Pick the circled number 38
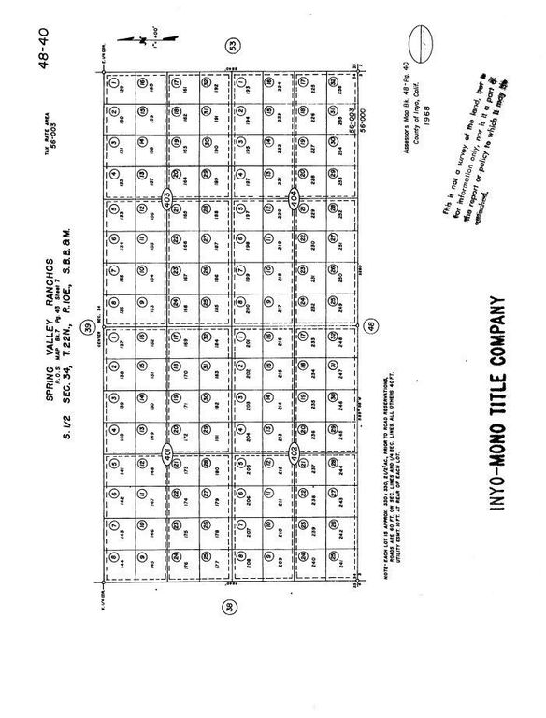tap(229, 607)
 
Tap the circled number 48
tap(371, 326)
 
